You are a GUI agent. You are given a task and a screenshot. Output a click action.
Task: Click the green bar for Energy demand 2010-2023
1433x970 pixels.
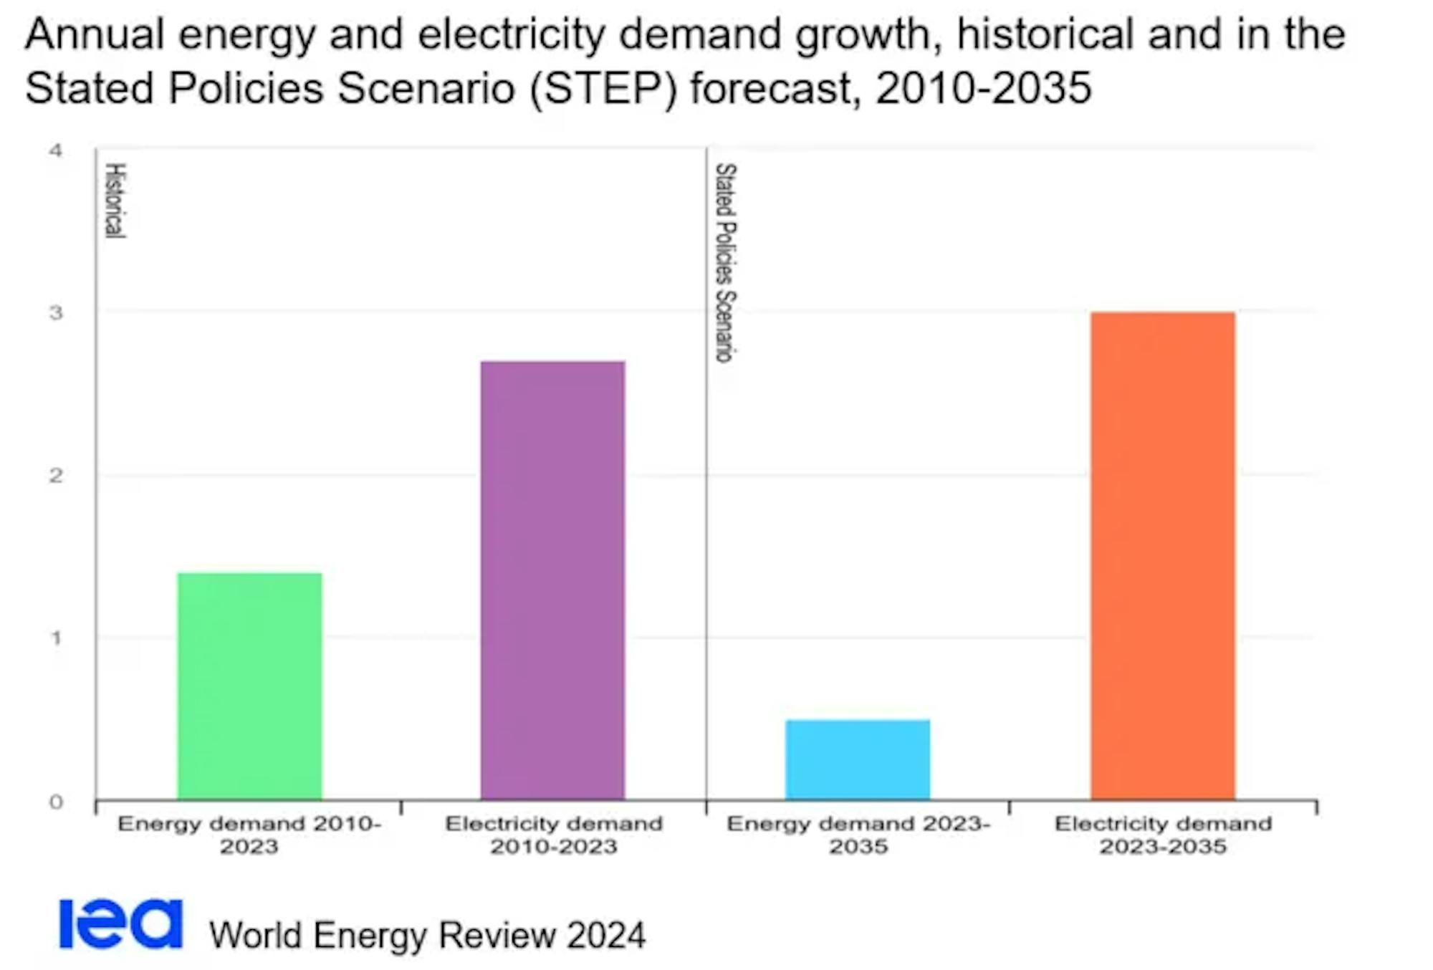(249, 686)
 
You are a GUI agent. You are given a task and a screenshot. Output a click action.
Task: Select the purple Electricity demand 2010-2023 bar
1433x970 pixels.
(552, 580)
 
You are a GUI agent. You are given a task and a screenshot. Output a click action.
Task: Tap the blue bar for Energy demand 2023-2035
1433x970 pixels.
(858, 759)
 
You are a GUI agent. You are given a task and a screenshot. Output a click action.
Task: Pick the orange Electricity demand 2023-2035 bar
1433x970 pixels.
(1163, 555)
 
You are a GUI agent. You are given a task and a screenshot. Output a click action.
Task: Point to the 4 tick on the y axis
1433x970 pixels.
(56, 150)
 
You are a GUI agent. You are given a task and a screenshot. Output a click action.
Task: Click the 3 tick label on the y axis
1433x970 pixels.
(56, 313)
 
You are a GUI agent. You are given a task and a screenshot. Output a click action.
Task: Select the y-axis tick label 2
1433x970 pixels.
(56, 476)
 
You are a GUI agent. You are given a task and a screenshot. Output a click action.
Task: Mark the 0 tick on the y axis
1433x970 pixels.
(56, 802)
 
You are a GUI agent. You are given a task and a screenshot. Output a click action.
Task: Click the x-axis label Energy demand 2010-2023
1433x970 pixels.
(249, 835)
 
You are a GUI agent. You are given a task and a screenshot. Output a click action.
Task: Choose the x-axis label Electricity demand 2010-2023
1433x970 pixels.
(553, 835)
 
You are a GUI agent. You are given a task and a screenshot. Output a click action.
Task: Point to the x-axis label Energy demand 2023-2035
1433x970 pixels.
(858, 835)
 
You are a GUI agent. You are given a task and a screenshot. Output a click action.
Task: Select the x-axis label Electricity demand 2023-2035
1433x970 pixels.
(1163, 835)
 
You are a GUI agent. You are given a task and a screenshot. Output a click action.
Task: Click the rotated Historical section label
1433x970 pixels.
(115, 200)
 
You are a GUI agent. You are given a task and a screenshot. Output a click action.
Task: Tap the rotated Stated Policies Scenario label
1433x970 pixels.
(725, 262)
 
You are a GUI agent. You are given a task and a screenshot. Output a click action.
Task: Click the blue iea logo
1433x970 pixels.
(120, 924)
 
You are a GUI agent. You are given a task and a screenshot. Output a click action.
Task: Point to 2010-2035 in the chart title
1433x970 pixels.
(983, 89)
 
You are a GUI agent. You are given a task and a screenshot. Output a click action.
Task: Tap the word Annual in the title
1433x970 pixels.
(95, 34)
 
